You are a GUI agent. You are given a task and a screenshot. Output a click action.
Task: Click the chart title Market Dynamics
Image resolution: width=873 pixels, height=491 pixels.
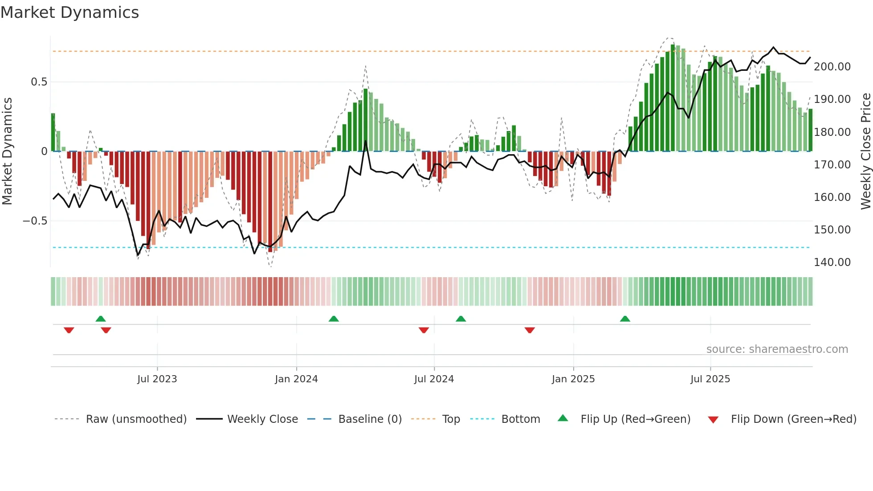pos(69,12)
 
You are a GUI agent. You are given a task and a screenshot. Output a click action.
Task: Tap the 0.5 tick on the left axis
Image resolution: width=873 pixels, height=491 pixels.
pos(39,82)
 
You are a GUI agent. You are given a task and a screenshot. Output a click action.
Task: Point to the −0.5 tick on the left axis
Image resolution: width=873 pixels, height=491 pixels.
pos(35,221)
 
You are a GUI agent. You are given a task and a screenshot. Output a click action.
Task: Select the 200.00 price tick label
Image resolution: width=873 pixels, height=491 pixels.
pos(832,67)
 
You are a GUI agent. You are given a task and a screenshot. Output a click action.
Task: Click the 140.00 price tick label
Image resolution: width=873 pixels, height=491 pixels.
pos(832,262)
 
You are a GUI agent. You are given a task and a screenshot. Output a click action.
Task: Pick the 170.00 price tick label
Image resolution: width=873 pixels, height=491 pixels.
pos(832,165)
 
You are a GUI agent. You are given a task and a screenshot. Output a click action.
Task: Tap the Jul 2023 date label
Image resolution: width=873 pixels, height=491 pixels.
pos(157,379)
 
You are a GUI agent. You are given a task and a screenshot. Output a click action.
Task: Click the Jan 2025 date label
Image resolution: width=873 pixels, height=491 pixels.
pos(573,379)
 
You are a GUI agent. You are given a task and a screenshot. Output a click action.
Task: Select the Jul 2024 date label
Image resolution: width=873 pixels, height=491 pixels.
pos(434,379)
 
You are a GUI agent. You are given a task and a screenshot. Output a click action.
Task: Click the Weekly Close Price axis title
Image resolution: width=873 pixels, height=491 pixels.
pos(865,151)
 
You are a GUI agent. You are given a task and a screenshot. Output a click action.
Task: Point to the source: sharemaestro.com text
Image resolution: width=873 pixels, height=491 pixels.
pos(777,349)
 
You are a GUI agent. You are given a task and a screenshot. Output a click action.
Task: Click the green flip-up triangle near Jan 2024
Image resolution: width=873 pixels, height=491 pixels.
pos(334,319)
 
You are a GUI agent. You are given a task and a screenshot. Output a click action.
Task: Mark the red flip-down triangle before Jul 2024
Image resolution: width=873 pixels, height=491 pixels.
pos(424,330)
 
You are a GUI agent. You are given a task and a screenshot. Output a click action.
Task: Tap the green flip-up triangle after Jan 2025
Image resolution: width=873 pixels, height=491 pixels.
pos(625,319)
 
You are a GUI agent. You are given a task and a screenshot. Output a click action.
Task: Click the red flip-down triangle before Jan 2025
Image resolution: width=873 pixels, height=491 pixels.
pos(530,330)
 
